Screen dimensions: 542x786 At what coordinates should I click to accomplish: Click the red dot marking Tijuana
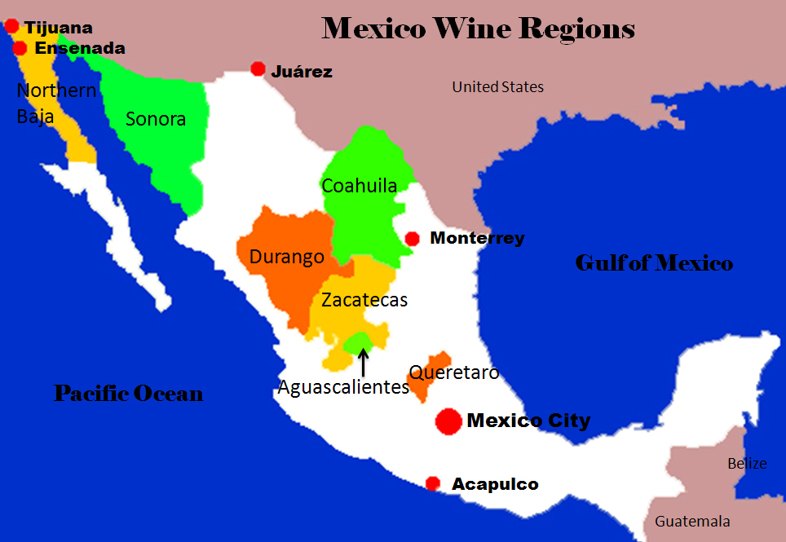[11, 27]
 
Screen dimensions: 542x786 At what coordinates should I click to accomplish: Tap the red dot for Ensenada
[20, 48]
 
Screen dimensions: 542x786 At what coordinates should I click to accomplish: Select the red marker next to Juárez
[258, 69]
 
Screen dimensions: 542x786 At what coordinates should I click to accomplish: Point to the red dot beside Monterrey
[413, 239]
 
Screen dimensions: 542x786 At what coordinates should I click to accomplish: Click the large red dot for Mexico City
[448, 421]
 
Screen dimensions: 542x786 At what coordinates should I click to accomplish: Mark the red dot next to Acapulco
[433, 483]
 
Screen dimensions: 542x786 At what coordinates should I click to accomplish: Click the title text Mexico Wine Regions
[479, 29]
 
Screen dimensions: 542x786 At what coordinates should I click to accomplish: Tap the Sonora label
[156, 119]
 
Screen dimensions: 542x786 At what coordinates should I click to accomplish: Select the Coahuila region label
[360, 186]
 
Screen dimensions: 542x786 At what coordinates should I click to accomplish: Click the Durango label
[287, 257]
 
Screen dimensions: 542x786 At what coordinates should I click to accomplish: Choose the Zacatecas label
[364, 300]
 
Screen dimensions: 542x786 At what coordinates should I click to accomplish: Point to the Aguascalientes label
[343, 387]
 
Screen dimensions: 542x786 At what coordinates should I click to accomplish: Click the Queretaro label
[454, 372]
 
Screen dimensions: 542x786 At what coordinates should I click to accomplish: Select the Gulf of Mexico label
[654, 263]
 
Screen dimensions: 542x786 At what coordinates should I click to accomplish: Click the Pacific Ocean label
[129, 394]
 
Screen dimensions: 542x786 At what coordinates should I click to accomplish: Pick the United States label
[498, 87]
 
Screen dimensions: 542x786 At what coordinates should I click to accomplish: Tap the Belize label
[747, 464]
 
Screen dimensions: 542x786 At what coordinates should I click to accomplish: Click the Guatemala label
[692, 522]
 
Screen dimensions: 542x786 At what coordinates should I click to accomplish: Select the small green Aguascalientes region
[357, 342]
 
